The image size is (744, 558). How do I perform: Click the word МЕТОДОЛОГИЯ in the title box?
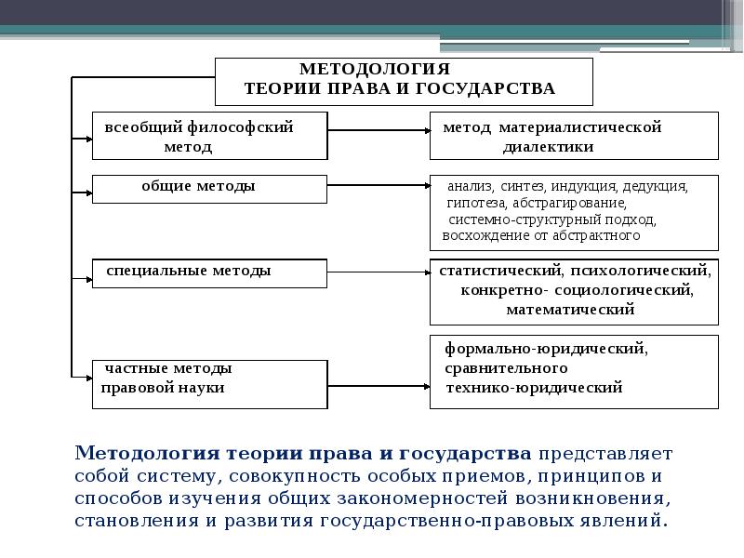374,70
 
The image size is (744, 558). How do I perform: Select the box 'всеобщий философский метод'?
209,136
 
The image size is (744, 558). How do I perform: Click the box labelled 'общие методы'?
209,188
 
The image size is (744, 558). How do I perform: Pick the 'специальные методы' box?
209,272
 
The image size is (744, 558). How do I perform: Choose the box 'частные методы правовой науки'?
209,382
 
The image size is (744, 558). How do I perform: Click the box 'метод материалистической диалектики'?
574,136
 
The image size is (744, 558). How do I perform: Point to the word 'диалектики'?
548,147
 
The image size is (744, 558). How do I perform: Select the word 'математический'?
570,310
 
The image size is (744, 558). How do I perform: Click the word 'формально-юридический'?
545,350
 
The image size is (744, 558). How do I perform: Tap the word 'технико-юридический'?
535,387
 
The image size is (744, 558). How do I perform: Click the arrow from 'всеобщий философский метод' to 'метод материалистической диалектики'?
378,132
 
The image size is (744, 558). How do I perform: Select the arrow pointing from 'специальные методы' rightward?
378,273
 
